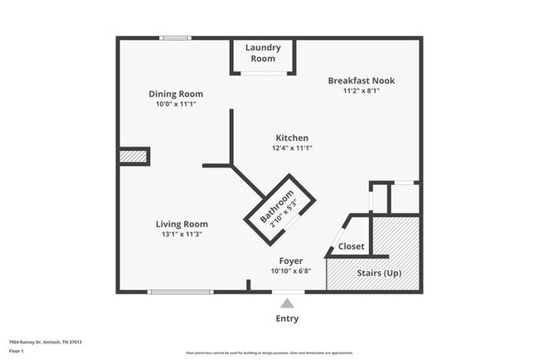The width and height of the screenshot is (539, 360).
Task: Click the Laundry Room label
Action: pyautogui.click(x=263, y=53)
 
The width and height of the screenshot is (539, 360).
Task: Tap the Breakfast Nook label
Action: pyautogui.click(x=361, y=80)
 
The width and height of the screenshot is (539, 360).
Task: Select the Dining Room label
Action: pyautogui.click(x=176, y=94)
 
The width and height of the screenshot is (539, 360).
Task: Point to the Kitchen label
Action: pyautogui.click(x=292, y=138)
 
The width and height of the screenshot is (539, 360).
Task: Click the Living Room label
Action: pyautogui.click(x=182, y=224)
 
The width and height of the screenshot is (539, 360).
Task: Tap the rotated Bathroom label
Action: pyautogui.click(x=278, y=207)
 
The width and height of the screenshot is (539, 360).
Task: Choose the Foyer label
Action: pyautogui.click(x=290, y=260)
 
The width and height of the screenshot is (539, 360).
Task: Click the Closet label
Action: pyautogui.click(x=351, y=247)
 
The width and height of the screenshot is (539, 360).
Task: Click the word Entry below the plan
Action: pyautogui.click(x=287, y=319)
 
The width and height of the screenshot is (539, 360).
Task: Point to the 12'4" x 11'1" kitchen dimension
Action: pyautogui.click(x=292, y=148)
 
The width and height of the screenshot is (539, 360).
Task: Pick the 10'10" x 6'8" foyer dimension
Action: pyautogui.click(x=290, y=270)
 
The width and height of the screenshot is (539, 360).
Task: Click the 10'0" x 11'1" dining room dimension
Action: pyautogui.click(x=176, y=104)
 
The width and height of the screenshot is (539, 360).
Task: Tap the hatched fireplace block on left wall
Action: pyautogui.click(x=134, y=156)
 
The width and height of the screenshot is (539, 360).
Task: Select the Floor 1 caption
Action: pyautogui.click(x=17, y=351)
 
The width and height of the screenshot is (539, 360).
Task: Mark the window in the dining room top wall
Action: pyautogui.click(x=175, y=37)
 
